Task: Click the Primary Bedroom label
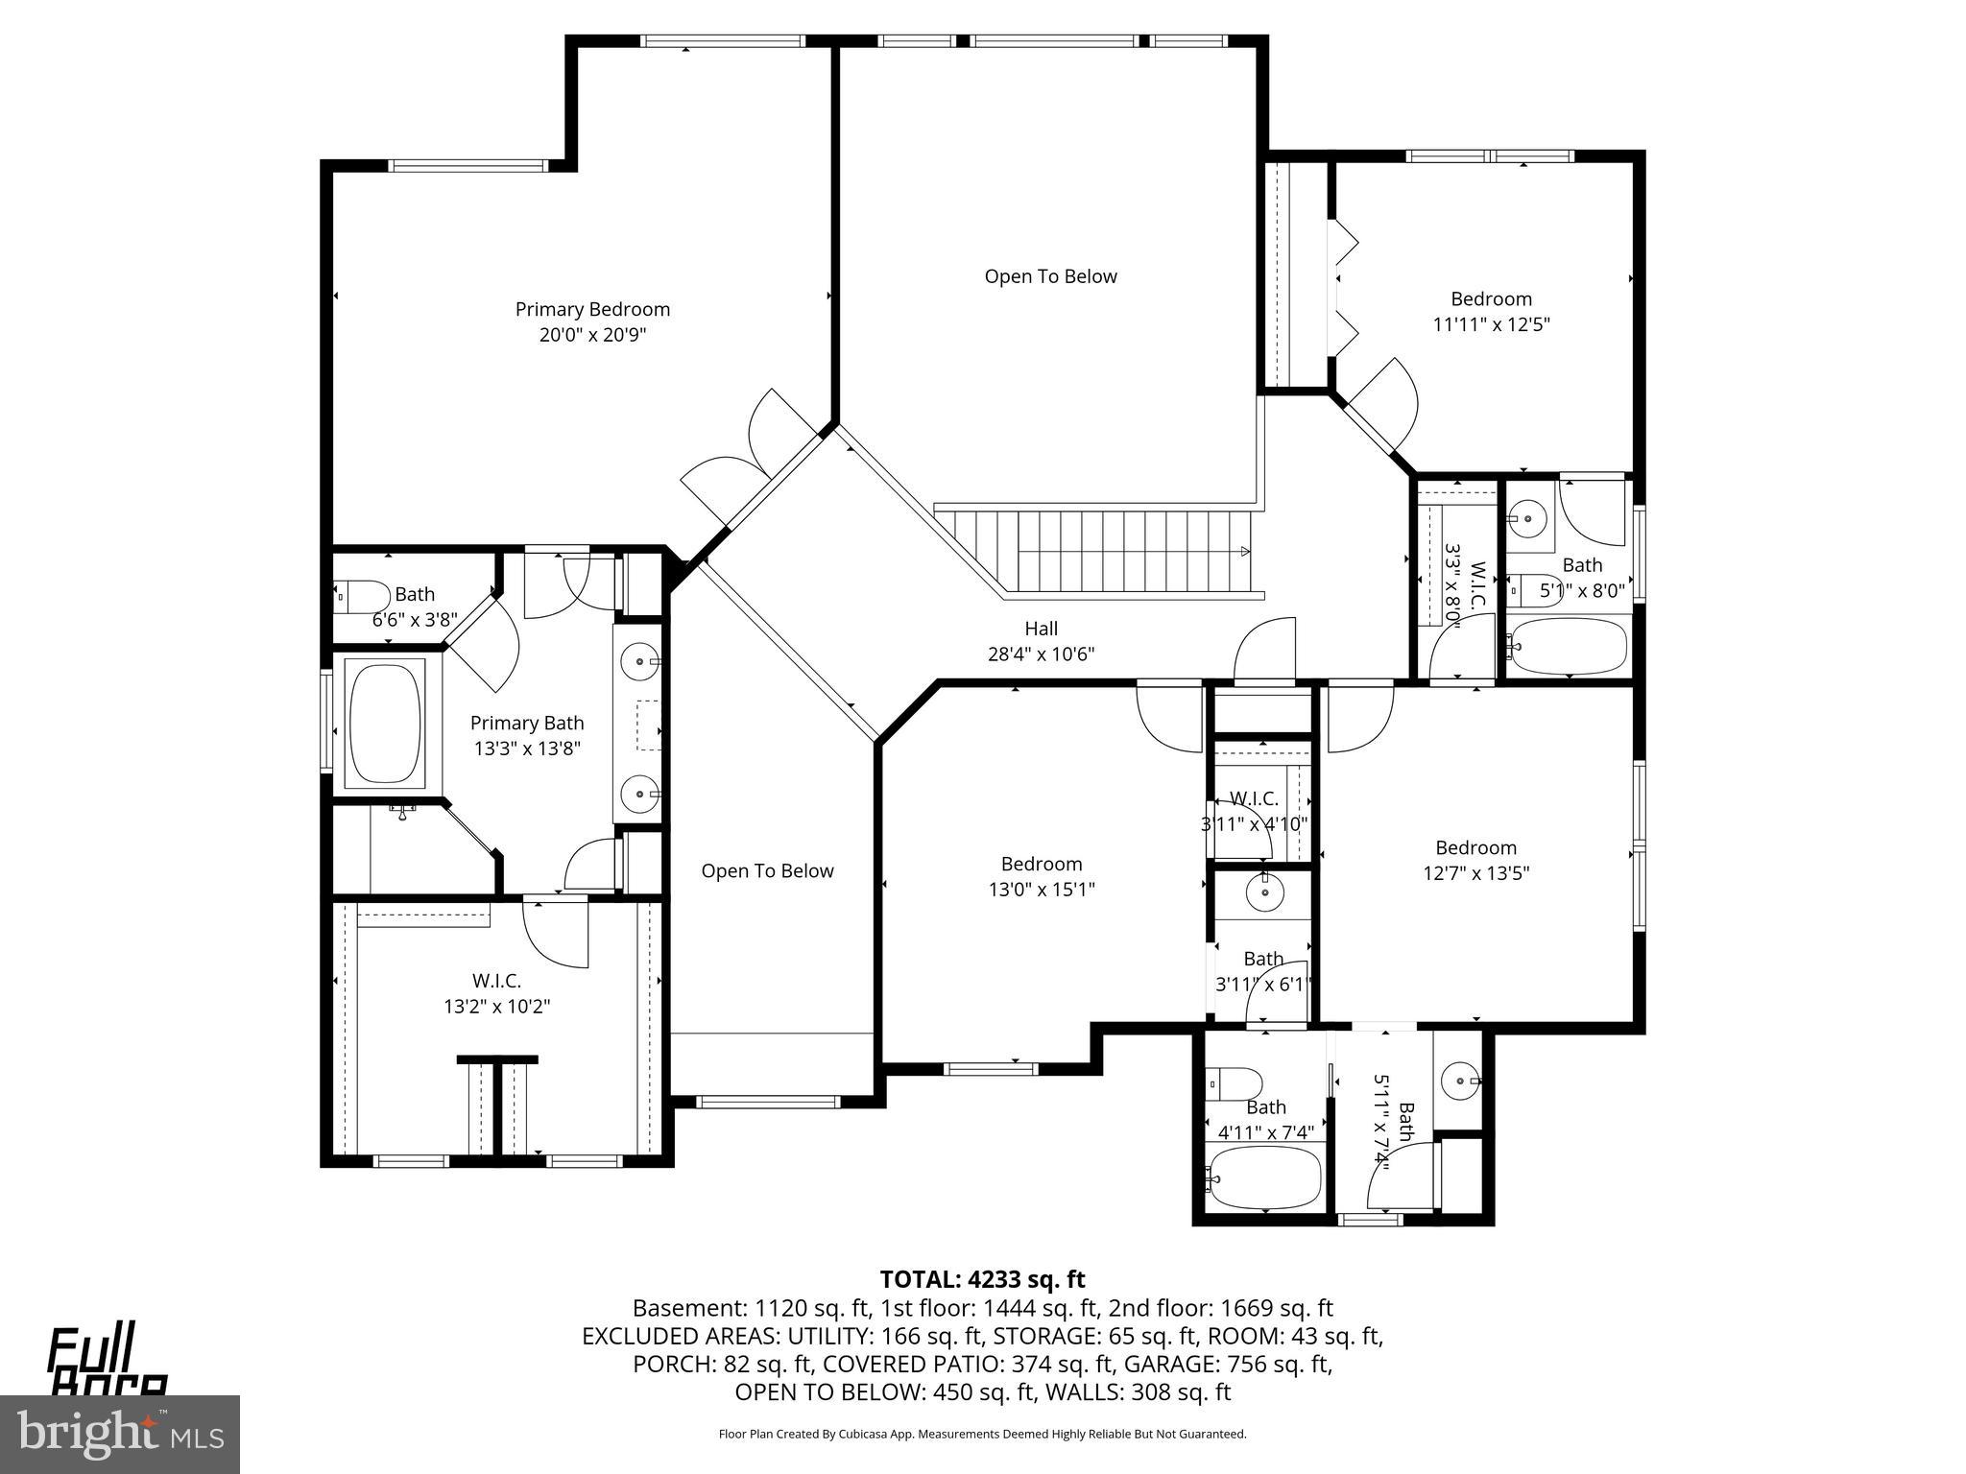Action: click(592, 309)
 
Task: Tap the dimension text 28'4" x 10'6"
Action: click(1041, 654)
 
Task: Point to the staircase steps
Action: click(1094, 552)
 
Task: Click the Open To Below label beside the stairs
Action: click(1050, 276)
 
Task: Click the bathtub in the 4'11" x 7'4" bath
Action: click(1264, 1177)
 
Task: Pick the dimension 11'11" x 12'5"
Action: click(1491, 324)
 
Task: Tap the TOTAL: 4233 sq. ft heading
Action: click(982, 1279)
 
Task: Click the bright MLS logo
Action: click(119, 1434)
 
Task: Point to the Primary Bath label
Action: click(526, 724)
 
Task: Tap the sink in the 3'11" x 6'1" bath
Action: click(1264, 892)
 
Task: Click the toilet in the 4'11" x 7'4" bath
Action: click(1236, 1084)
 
